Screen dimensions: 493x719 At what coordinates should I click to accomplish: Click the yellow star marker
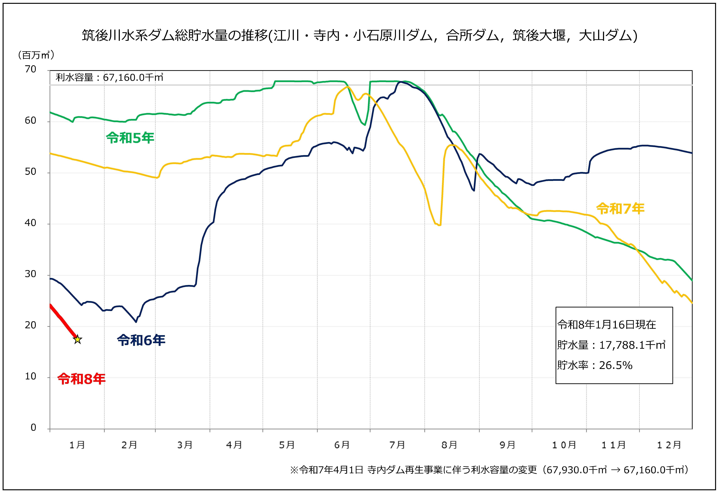[77, 339]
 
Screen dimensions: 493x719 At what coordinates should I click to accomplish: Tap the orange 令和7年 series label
[620, 209]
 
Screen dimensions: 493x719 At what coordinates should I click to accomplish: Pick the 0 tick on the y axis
[33, 428]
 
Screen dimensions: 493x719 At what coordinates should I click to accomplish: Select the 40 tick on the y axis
[31, 223]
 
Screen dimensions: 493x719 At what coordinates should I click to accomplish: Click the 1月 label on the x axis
[77, 445]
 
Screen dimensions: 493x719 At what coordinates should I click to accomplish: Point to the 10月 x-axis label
[564, 445]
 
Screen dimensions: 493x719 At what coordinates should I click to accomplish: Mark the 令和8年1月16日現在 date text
[607, 325]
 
